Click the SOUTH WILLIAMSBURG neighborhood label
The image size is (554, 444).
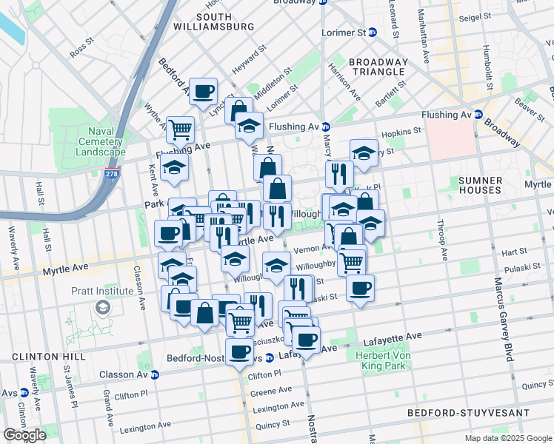tap(213, 21)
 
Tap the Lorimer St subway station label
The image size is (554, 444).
tap(344, 33)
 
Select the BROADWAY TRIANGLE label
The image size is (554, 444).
tap(378, 67)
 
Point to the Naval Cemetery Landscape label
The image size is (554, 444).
tap(99, 141)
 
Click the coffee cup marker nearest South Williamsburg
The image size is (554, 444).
tap(203, 92)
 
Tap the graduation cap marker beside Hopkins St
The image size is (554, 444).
tap(364, 153)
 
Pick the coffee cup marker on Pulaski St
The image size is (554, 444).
tap(360, 289)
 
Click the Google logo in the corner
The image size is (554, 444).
tap(24, 435)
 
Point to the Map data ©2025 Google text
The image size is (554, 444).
tap(507, 438)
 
